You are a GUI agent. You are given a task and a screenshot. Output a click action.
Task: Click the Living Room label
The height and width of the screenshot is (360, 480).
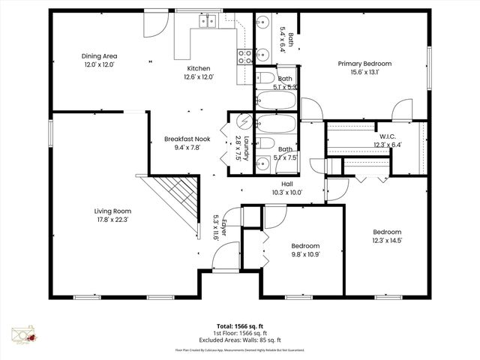(112, 211)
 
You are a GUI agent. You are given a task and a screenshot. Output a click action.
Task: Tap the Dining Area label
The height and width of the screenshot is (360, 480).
(99, 55)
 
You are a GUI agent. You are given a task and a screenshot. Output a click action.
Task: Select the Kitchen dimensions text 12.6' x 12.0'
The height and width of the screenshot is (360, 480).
(200, 76)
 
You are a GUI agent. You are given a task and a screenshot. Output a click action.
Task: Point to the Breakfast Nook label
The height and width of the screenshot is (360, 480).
(187, 139)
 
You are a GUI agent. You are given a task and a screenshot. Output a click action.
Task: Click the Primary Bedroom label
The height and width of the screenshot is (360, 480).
(364, 64)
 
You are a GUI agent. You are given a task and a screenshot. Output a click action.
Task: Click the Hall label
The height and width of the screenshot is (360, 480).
(286, 184)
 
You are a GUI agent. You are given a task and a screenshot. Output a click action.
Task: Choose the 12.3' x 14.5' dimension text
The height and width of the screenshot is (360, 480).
(388, 240)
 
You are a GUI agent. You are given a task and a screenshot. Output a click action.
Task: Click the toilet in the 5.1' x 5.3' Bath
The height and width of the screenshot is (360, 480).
(266, 78)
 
